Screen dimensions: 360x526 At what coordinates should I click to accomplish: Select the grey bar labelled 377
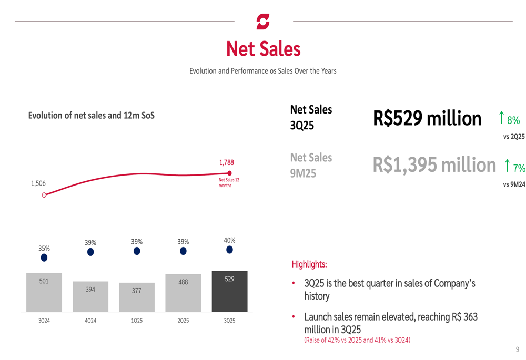(137, 297)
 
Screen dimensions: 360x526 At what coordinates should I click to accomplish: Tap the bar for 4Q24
(90, 296)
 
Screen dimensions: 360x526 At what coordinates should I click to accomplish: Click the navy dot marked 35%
(44, 258)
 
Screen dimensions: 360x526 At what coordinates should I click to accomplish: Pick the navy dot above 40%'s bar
(229, 250)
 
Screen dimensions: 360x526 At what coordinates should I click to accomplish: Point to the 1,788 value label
(227, 163)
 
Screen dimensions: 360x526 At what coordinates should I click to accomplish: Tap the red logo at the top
(263, 22)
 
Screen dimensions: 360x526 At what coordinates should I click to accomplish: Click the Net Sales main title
(263, 49)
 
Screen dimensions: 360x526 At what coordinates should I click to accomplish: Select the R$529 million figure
(427, 118)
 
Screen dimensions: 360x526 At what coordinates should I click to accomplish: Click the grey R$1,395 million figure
(434, 165)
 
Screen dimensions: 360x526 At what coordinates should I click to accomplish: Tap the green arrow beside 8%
(501, 117)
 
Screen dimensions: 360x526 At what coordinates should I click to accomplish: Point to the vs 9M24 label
(514, 184)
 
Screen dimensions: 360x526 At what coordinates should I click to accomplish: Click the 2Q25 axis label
(183, 320)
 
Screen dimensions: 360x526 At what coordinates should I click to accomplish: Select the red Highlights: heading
(309, 264)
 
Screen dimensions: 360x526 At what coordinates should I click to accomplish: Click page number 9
(517, 349)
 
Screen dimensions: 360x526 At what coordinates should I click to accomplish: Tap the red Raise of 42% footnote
(357, 340)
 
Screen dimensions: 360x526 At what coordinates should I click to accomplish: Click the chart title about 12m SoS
(91, 115)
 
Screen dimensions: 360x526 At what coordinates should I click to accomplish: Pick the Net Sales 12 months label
(229, 182)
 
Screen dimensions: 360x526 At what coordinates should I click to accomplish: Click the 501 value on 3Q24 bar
(44, 281)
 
